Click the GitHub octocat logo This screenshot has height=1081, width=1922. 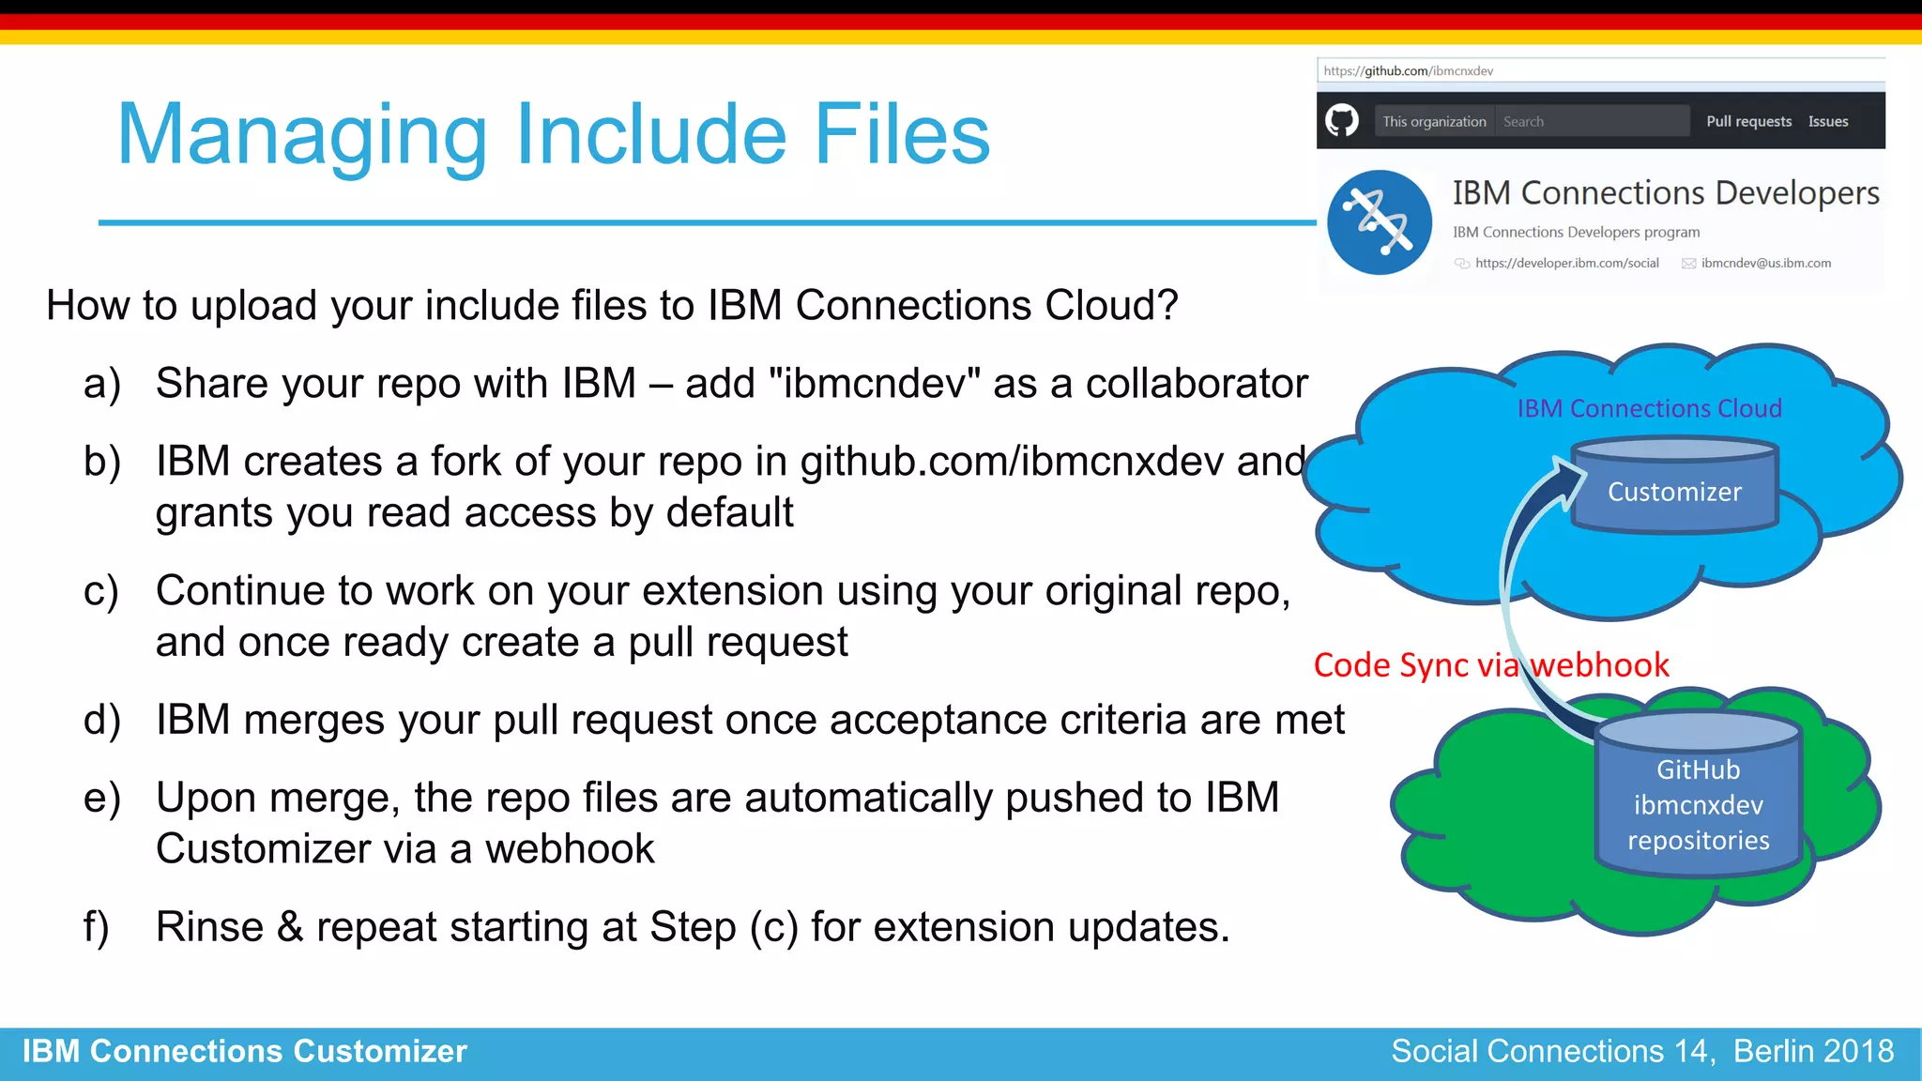pyautogui.click(x=1342, y=121)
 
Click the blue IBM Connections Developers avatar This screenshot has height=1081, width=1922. pyautogui.click(x=1379, y=222)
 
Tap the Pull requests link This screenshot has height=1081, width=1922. pyautogui.click(x=1748, y=121)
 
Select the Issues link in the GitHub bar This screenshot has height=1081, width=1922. pyautogui.click(x=1827, y=121)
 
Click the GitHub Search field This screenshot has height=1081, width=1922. pyautogui.click(x=1592, y=121)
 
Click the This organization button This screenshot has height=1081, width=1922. pyautogui.click(x=1434, y=121)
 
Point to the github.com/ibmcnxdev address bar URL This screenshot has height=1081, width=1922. pyautogui.click(x=1409, y=71)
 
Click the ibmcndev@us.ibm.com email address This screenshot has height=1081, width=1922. pyautogui.click(x=1765, y=264)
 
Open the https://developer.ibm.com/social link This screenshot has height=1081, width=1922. pyautogui.click(x=1566, y=264)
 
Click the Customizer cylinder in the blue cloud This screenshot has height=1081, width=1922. pyautogui.click(x=1674, y=488)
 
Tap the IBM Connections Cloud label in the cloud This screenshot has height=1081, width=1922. pyautogui.click(x=1649, y=408)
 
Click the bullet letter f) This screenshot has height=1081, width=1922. pyautogui.click(x=97, y=927)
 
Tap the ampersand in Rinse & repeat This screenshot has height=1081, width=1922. pyautogui.click(x=290, y=927)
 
